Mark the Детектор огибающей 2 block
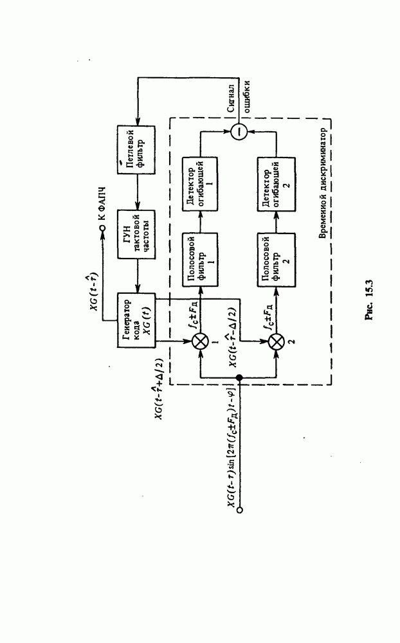(275, 184)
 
